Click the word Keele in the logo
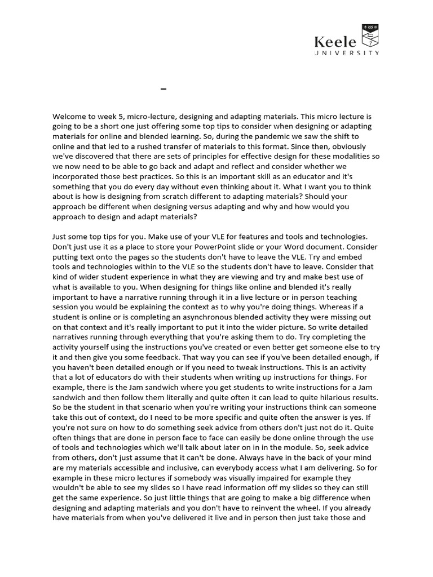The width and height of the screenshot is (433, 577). click(x=335, y=42)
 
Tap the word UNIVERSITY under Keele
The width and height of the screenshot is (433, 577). click(x=347, y=53)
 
